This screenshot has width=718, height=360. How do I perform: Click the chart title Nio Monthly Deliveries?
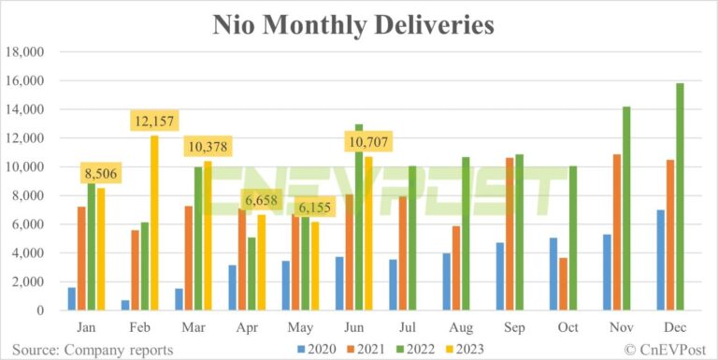pos(359,23)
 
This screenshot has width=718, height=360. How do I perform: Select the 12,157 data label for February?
pos(153,122)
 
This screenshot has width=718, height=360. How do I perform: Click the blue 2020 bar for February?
pos(125,305)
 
